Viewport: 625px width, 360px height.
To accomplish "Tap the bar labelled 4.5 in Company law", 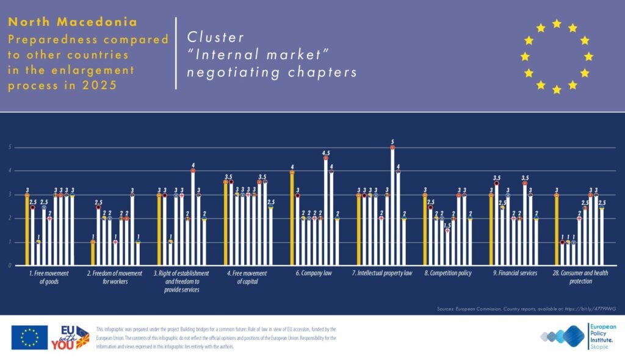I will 326,212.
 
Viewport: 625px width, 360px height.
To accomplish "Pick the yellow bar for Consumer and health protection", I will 557,230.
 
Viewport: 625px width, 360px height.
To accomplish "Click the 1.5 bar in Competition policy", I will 447,247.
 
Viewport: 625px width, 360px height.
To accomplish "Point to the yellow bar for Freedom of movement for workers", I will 93,253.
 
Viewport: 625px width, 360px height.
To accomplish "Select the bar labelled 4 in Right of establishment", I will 193,218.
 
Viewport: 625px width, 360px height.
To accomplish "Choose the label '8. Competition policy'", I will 448,273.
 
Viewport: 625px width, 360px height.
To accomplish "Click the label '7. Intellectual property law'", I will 383,273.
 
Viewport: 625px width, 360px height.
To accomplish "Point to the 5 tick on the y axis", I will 10,147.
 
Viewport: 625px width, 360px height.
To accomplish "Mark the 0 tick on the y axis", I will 10,265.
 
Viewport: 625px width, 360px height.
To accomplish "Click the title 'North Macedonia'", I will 73,22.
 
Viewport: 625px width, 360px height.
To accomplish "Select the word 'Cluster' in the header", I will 208,37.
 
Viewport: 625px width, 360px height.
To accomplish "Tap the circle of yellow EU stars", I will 556,56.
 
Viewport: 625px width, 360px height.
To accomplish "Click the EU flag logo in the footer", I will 29,337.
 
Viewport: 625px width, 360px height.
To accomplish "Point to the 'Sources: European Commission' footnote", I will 524,309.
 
